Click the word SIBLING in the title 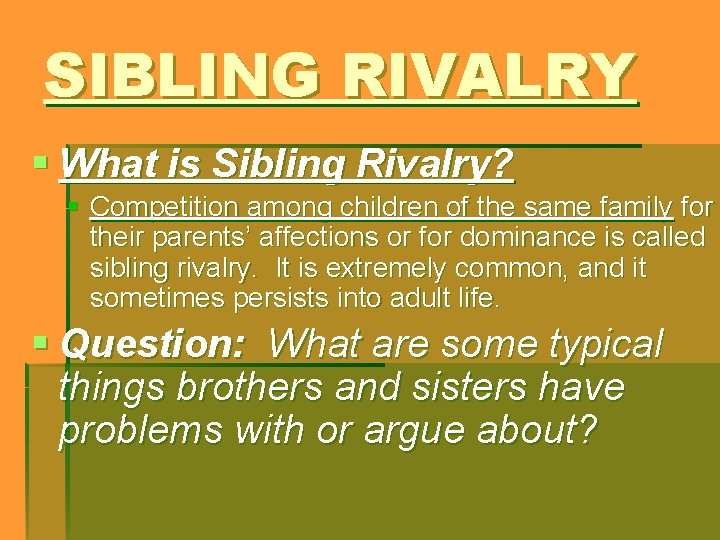click(180, 76)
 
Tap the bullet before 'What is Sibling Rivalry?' click(40, 160)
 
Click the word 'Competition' click(160, 208)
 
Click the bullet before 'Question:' click(40, 343)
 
